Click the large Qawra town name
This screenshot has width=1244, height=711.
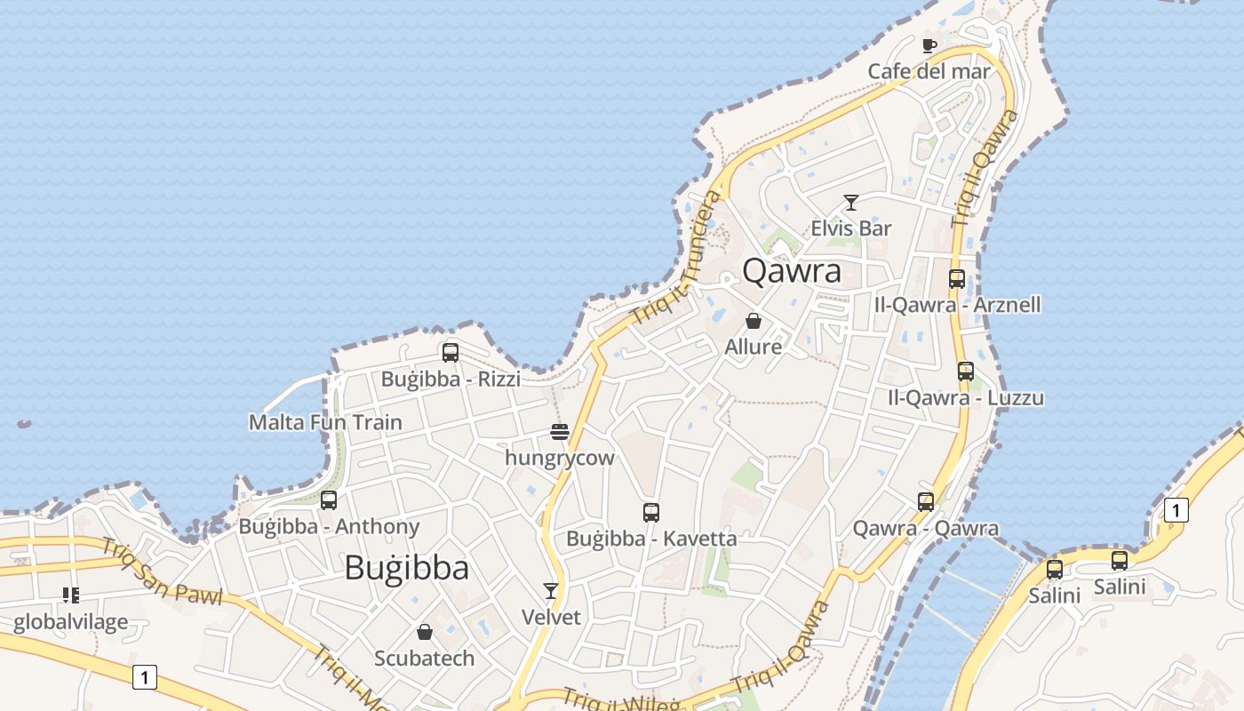[x=791, y=270]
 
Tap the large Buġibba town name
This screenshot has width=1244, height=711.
[x=406, y=567]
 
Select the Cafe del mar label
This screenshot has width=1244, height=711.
[x=929, y=71]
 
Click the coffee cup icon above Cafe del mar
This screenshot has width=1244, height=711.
[x=929, y=45]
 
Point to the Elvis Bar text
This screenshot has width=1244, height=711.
[x=850, y=228]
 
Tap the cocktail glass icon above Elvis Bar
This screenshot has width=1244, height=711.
[x=850, y=203]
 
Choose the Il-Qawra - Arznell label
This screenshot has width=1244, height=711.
[x=957, y=305]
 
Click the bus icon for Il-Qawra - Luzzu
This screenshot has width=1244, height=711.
[x=965, y=371]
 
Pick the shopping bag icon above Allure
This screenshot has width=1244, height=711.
[x=754, y=321]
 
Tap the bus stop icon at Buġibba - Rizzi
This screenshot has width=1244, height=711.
[x=451, y=353]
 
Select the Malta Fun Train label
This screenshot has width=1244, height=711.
[x=325, y=422]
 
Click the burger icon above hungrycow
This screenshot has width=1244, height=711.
[x=560, y=433]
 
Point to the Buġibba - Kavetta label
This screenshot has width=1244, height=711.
[x=651, y=539]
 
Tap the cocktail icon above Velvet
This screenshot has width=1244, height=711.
[x=551, y=591]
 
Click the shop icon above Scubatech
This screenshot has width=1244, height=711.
[x=425, y=632]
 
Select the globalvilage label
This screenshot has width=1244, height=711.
[x=70, y=622]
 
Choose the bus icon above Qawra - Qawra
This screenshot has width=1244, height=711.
[x=926, y=502]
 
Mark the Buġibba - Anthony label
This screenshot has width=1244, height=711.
[x=329, y=526]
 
